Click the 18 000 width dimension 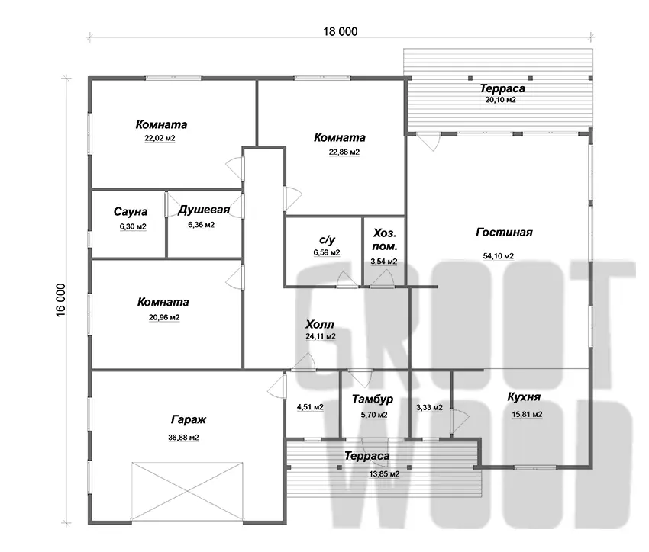[x=341, y=31]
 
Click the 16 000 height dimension [x=60, y=300]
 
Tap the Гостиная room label [x=504, y=233]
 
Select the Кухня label [x=524, y=397]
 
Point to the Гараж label [x=189, y=420]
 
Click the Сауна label [x=131, y=212]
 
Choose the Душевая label [x=204, y=210]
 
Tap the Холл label [x=319, y=324]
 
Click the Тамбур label [x=373, y=399]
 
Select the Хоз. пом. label [x=385, y=239]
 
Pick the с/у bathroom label [x=327, y=240]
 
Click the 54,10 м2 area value [x=499, y=256]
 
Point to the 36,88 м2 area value [x=183, y=438]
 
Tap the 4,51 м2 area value [x=310, y=407]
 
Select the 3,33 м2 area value [x=429, y=408]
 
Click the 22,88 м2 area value [x=344, y=152]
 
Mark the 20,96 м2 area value [x=164, y=318]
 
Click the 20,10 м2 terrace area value [x=500, y=100]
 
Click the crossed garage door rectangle [x=186, y=491]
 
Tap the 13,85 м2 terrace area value [x=384, y=474]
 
